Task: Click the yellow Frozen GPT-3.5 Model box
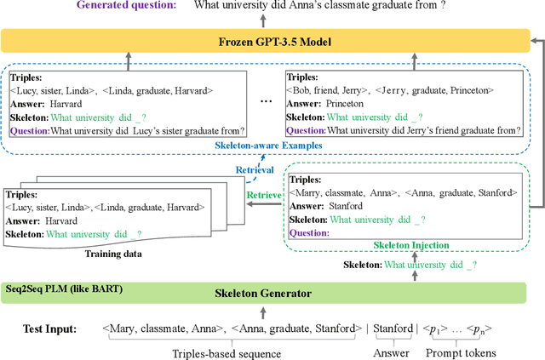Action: pos(264,40)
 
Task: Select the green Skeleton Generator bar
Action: pos(264,293)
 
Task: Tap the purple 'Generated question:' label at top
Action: pos(127,7)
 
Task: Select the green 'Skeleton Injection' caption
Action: pos(410,244)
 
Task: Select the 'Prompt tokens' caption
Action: pos(460,350)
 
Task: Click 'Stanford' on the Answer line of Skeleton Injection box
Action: pos(347,205)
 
